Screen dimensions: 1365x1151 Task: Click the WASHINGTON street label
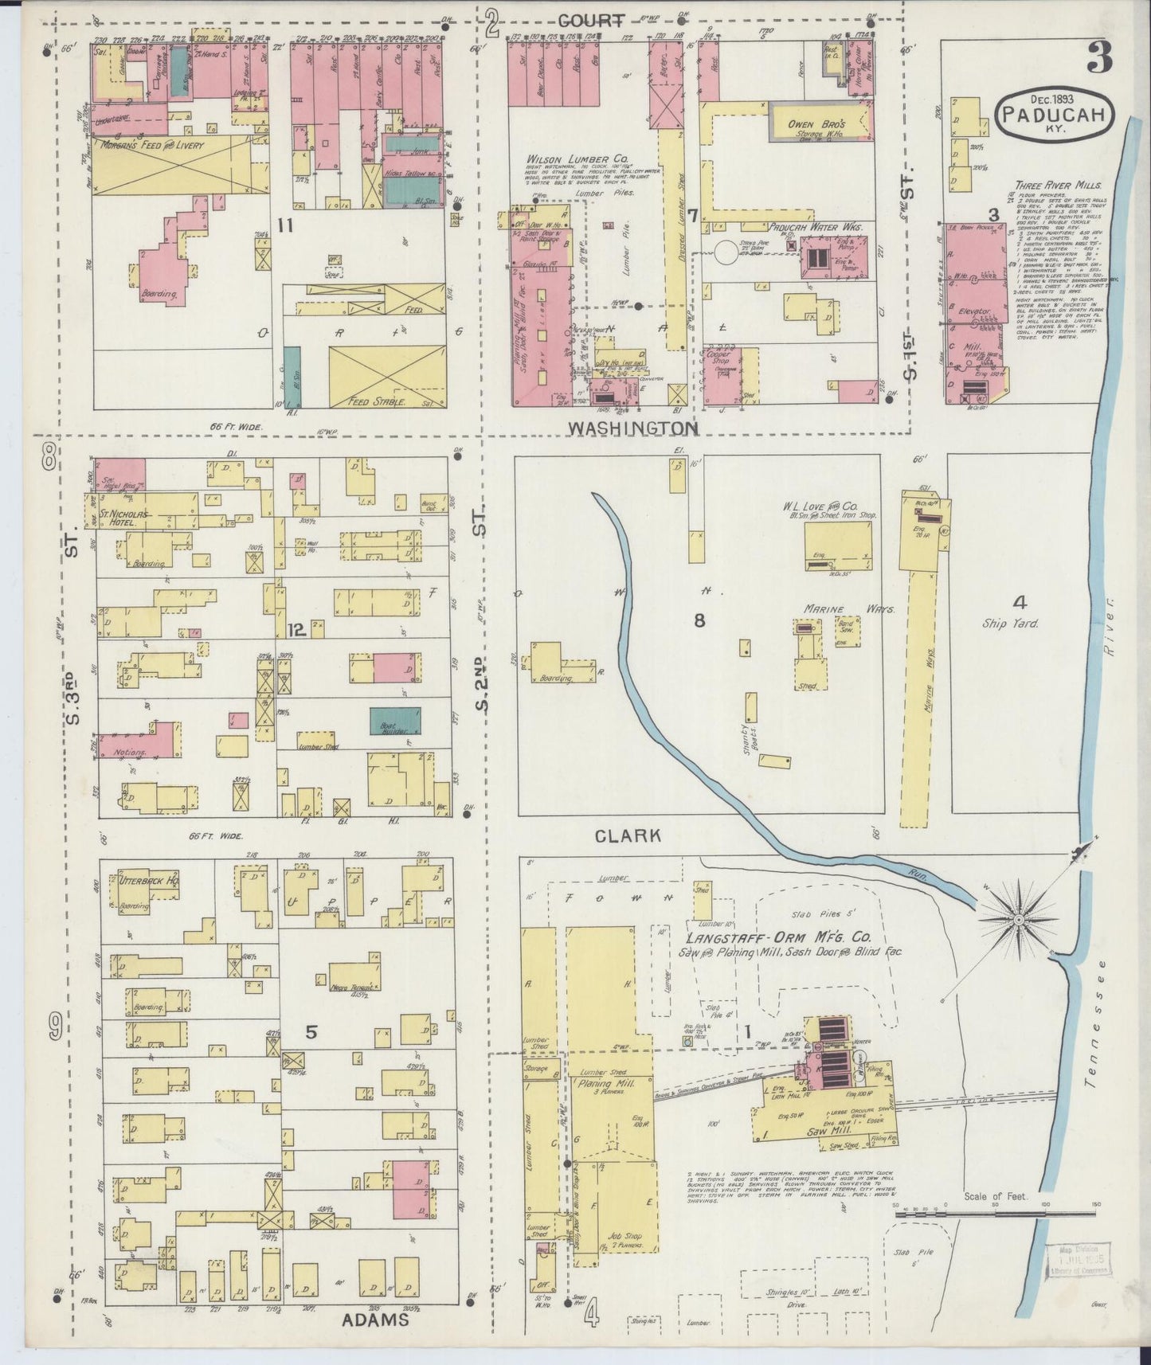632,428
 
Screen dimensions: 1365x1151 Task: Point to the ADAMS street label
375,1319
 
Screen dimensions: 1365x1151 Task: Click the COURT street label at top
590,21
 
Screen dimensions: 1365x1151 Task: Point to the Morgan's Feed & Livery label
151,146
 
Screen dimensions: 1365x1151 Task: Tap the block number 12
296,631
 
